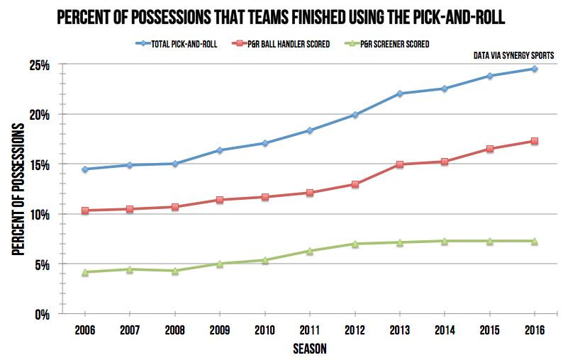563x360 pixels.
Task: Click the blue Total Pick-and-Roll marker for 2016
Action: tap(534, 69)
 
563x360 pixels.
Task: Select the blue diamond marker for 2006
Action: tap(85, 169)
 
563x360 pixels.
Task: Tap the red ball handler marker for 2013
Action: tap(400, 164)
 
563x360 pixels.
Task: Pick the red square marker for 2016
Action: tap(534, 141)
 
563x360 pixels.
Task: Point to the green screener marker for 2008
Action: tap(175, 271)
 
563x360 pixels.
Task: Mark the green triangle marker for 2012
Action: tap(355, 244)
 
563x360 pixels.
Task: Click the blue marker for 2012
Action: tap(355, 115)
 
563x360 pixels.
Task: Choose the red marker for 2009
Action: tap(220, 200)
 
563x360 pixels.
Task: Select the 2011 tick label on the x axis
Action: tap(310, 330)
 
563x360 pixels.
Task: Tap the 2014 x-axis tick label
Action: tap(445, 330)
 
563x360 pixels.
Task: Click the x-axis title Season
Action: tap(309, 349)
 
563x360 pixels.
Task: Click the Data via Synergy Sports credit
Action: tap(515, 55)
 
